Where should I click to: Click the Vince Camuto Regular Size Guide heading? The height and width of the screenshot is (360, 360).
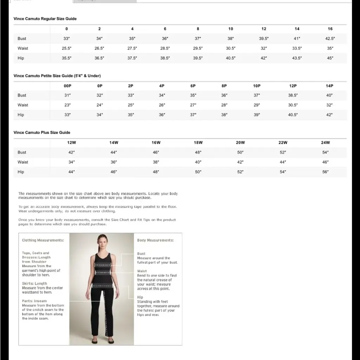[45, 19]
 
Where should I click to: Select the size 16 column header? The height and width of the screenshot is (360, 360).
[330, 29]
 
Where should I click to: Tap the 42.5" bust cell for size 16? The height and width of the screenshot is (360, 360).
[330, 39]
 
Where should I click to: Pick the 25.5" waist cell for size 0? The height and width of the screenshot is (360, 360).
[66, 48]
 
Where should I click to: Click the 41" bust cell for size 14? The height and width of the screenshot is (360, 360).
[297, 39]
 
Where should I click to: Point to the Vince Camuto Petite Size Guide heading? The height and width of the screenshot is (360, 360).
[57, 76]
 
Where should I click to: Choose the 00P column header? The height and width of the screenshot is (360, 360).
[67, 86]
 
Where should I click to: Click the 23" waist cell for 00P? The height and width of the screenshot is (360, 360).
[67, 105]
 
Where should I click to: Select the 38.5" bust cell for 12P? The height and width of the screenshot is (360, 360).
[293, 95]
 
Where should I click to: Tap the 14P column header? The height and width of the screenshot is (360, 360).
[329, 86]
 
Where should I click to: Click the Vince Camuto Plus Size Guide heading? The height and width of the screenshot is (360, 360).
[42, 132]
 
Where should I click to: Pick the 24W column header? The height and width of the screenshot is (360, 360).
[325, 143]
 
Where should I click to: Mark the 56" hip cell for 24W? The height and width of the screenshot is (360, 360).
[325, 172]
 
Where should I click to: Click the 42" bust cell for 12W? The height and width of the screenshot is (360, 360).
[71, 152]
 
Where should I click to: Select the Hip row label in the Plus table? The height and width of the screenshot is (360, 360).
[21, 172]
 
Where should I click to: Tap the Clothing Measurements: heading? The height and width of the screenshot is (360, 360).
[43, 240]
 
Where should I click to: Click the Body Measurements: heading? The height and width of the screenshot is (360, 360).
[155, 240]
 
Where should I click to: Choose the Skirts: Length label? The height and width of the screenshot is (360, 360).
[34, 283]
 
